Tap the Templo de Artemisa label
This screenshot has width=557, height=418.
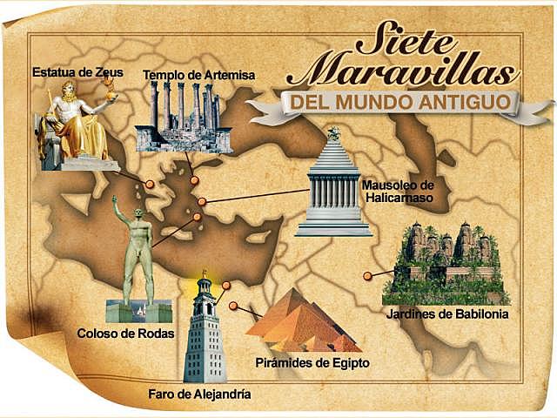(x=198, y=75)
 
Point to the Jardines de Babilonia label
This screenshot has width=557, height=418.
(x=447, y=313)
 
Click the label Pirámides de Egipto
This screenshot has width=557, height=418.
(x=312, y=361)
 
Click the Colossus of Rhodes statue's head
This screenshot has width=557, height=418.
(x=140, y=215)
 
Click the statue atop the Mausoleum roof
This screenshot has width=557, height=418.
(x=333, y=133)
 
